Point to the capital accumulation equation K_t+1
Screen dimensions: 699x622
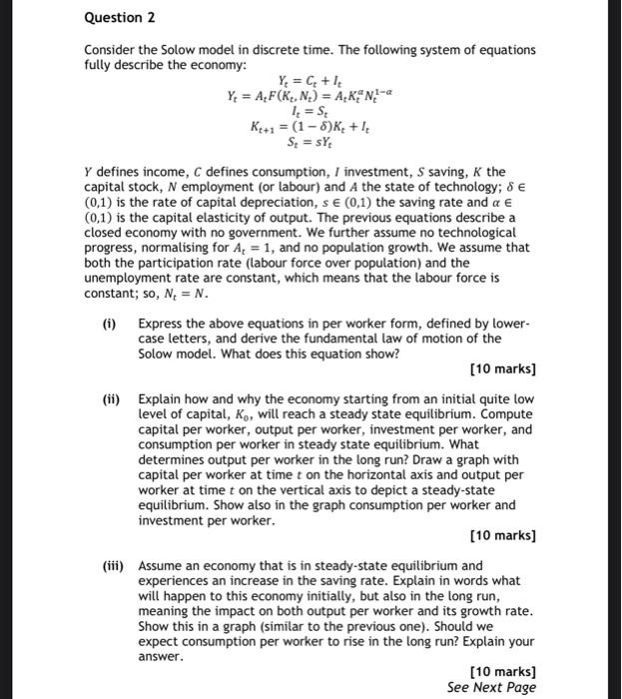tap(301, 137)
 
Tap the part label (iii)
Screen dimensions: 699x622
tap(112, 564)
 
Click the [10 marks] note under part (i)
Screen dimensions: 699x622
tap(502, 369)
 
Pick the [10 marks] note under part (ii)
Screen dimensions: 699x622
tap(502, 536)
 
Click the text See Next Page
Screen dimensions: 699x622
tap(491, 687)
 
